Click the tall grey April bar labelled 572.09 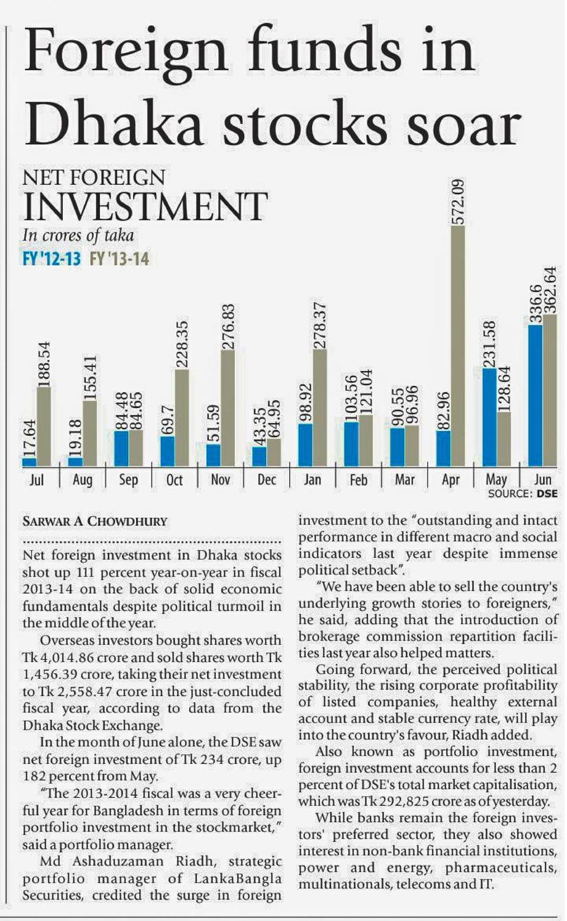click(x=458, y=345)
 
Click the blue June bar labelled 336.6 click(x=536, y=395)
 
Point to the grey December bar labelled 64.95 click(x=274, y=452)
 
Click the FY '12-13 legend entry click(x=52, y=258)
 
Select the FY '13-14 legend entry click(x=120, y=258)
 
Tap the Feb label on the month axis click(x=358, y=480)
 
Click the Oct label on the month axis click(x=174, y=480)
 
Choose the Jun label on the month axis click(x=542, y=479)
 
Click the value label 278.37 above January click(x=319, y=327)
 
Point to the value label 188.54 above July click(x=43, y=364)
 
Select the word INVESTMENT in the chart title click(x=145, y=207)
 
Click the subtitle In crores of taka click(x=78, y=235)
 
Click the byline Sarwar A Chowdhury click(x=95, y=521)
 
